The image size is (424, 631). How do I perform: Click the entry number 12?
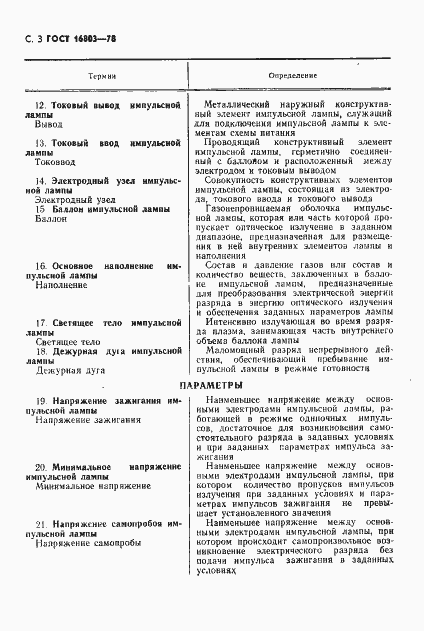pos(39,105)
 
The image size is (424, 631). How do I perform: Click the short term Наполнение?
pos(61,285)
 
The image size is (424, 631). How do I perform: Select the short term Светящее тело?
pos(67,341)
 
